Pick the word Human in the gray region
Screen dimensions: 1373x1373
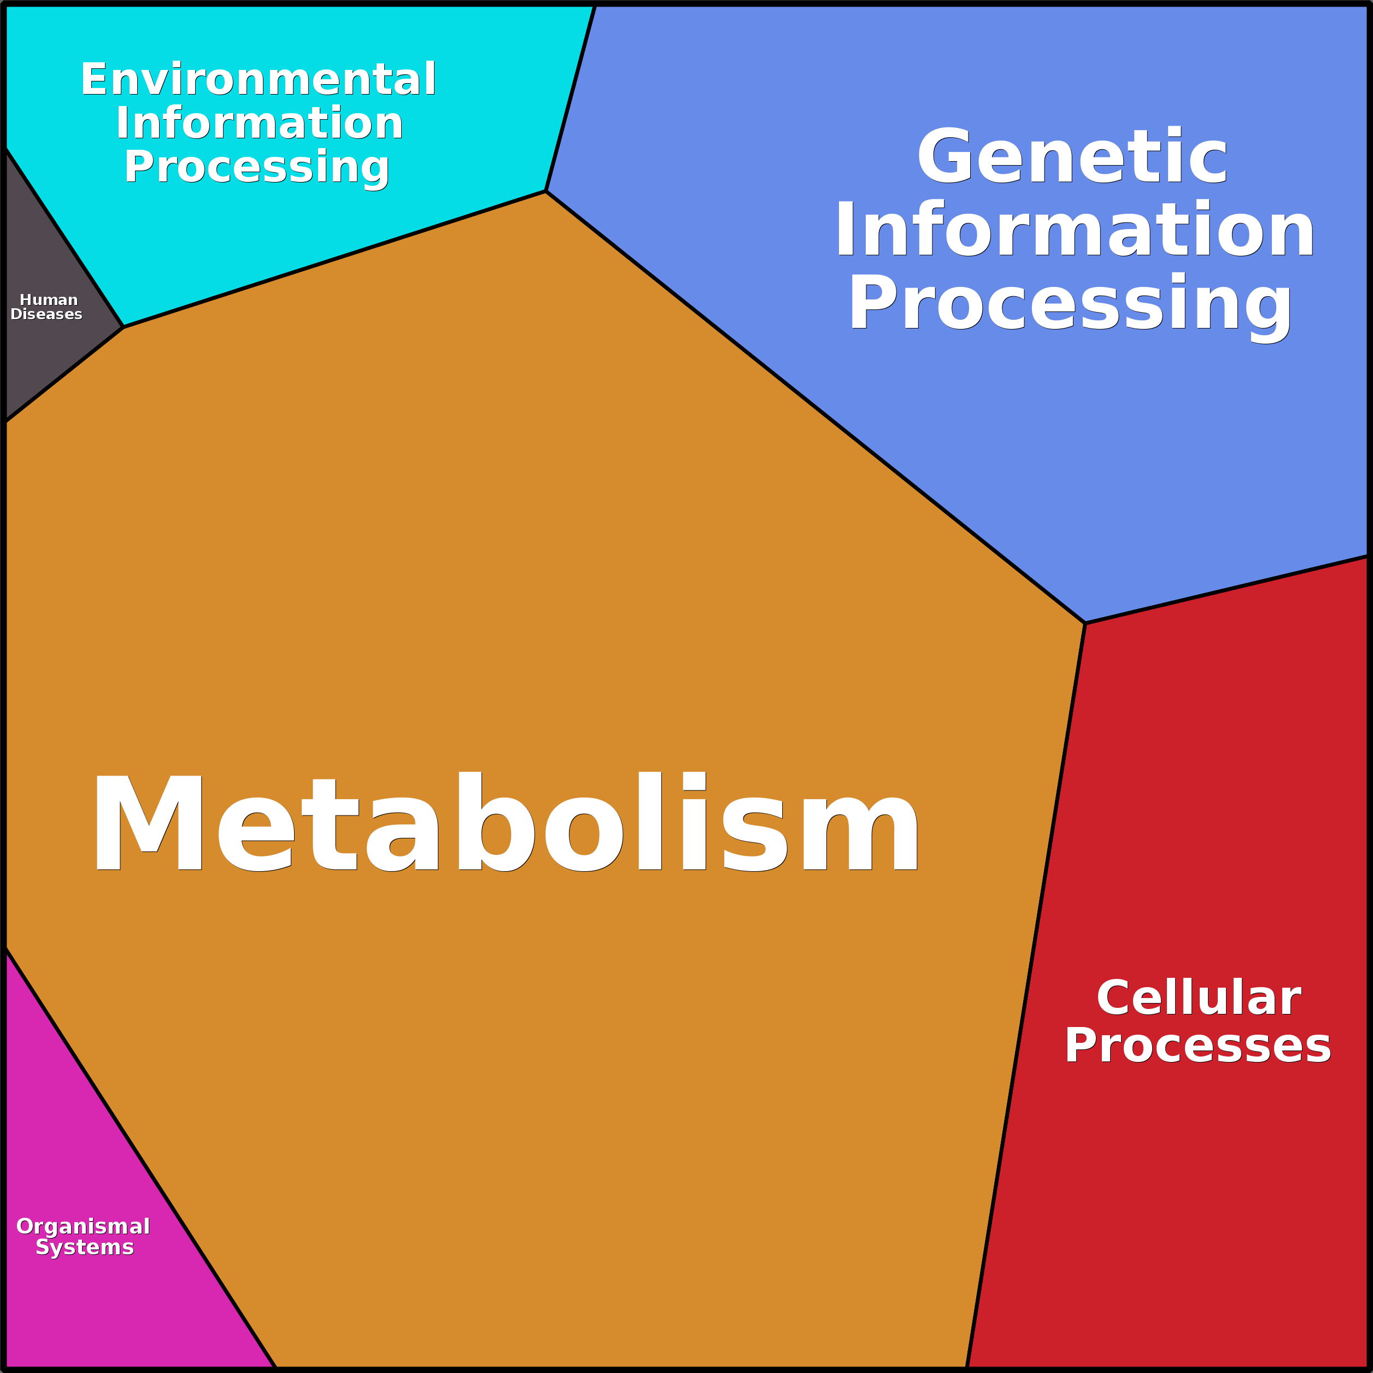pos(48,300)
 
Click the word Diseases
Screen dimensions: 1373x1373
pos(46,314)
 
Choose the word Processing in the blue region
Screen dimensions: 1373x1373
pos(1070,303)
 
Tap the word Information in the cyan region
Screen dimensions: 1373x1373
pos(260,123)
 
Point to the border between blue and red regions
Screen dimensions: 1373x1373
pos(1226,590)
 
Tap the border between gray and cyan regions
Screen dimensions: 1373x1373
pos(64,237)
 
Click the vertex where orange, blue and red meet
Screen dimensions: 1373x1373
pos(1085,623)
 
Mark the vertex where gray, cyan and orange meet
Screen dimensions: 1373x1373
pos(124,327)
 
